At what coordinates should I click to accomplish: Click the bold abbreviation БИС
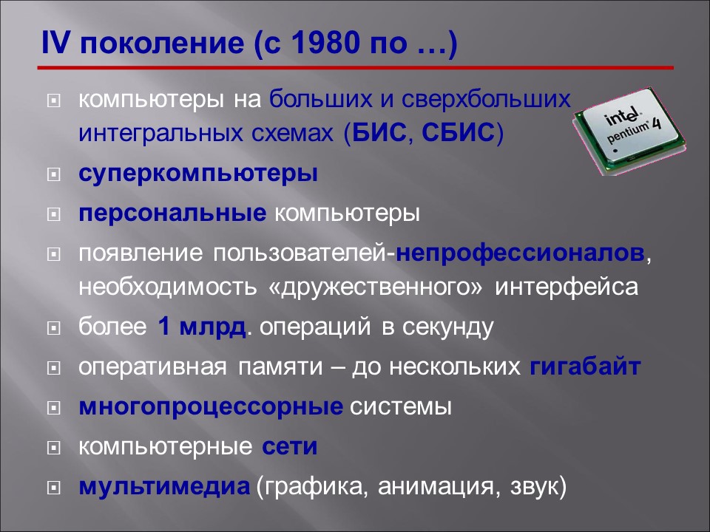379,135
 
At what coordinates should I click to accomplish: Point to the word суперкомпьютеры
199,175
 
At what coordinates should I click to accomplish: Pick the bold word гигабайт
585,366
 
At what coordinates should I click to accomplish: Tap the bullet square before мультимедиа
53,488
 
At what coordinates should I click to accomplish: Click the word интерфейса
567,287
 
